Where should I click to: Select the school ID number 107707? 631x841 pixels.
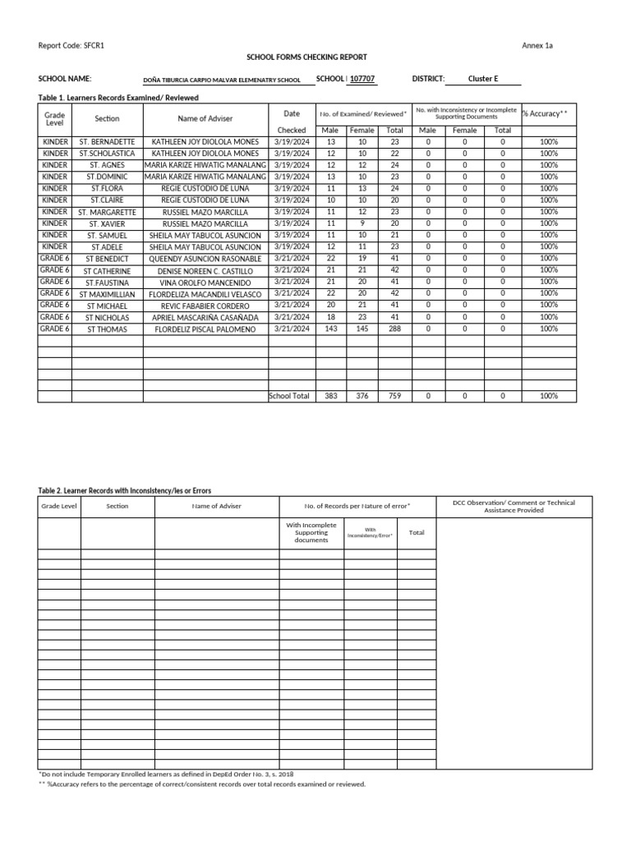point(362,79)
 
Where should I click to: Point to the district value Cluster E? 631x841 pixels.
point(483,79)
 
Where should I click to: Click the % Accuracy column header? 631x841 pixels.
point(546,113)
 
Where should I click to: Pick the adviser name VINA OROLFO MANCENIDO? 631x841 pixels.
point(205,283)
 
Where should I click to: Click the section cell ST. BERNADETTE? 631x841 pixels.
point(107,142)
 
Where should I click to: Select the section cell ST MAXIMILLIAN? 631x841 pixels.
point(107,294)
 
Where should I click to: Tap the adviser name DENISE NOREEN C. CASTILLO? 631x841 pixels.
point(205,271)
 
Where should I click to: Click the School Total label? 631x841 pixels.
point(289,396)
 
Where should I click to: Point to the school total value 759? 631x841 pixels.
point(394,396)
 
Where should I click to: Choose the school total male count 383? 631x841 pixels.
point(331,396)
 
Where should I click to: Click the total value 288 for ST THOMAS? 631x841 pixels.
point(394,329)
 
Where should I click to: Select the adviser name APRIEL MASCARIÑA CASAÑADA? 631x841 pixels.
point(205,317)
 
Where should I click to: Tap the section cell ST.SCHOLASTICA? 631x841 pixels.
point(107,154)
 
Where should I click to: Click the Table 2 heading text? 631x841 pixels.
point(118,490)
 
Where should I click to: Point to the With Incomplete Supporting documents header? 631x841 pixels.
point(305,532)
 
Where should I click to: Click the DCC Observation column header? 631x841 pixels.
point(514,506)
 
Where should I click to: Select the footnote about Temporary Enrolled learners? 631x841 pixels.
point(167,774)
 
